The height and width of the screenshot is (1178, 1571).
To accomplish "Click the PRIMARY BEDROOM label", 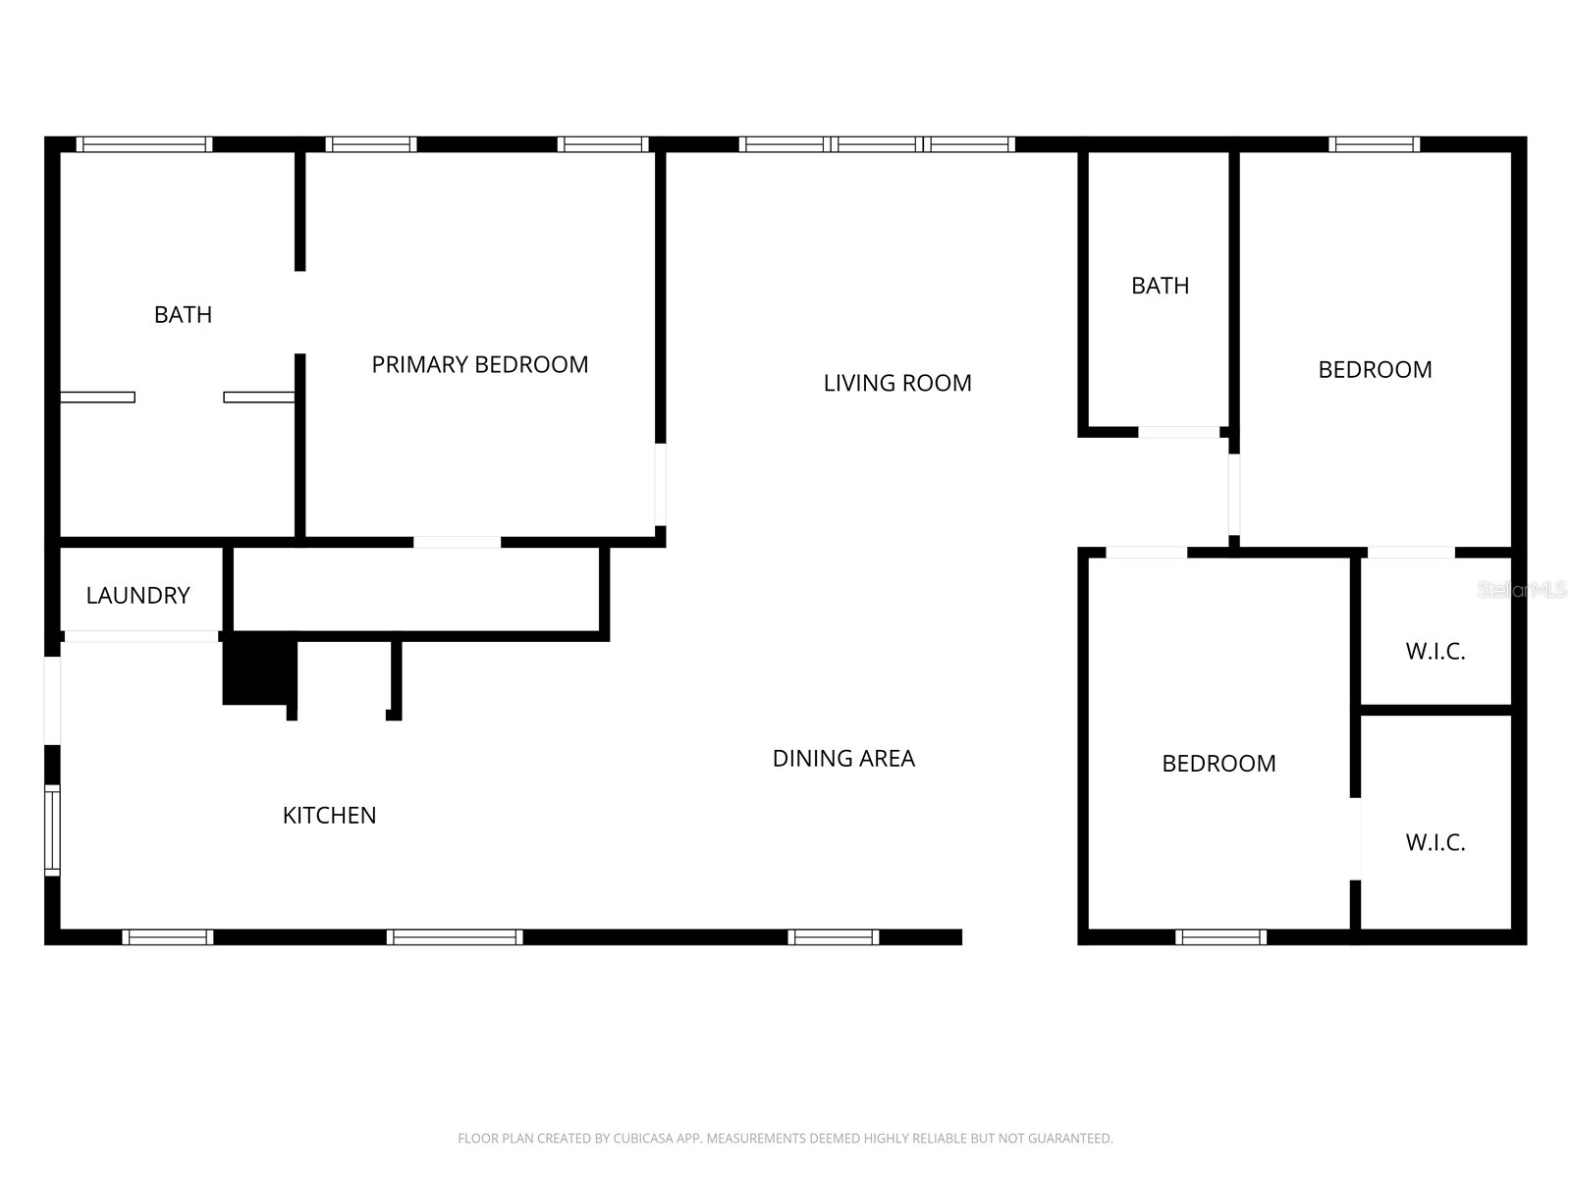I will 479,364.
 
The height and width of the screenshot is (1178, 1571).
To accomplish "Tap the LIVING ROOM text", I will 896,383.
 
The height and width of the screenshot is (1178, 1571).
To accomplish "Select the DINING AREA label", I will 843,758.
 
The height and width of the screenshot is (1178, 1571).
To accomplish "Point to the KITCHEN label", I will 329,815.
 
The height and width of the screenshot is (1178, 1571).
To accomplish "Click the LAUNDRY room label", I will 137,595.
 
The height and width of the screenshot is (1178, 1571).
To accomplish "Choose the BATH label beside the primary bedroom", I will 183,314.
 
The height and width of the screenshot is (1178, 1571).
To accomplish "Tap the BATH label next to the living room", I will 1160,286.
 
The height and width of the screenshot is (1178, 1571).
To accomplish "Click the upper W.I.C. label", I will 1435,651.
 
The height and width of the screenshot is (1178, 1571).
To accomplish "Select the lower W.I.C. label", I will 1435,842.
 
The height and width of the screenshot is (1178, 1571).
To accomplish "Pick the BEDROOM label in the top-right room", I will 1375,369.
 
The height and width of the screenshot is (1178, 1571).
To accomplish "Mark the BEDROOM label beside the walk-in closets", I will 1219,763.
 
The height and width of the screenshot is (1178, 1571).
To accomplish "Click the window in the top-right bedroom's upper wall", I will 1374,144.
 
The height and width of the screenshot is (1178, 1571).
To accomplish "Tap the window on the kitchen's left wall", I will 53,830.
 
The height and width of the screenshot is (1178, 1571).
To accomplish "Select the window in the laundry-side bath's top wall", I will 144,144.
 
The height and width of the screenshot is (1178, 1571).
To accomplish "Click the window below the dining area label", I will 833,937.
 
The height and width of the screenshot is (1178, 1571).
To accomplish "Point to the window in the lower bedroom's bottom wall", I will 1220,937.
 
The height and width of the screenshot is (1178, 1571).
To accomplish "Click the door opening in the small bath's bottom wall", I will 1178,432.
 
